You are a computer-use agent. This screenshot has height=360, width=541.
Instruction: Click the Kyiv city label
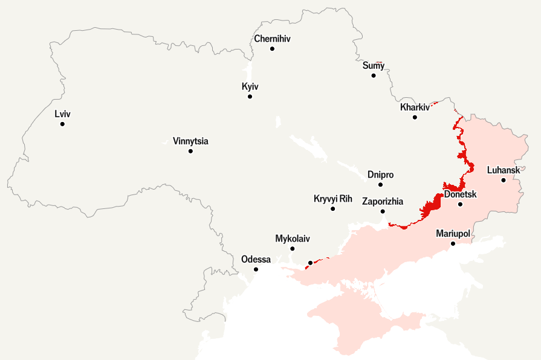250,87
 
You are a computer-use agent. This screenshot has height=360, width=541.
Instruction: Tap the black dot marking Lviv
62,124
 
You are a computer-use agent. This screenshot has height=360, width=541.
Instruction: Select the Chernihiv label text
272,39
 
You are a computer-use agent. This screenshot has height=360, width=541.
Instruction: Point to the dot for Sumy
374,76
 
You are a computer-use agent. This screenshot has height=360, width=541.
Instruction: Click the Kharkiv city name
415,108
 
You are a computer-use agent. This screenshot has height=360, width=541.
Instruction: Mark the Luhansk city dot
503,180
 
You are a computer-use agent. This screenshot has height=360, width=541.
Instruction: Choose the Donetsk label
461,194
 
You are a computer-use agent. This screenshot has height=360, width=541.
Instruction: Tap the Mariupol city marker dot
453,243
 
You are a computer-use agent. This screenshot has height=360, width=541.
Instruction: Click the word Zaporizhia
382,202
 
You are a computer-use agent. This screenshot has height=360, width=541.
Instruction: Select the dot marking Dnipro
380,185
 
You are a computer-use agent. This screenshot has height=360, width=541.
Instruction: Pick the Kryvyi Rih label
332,199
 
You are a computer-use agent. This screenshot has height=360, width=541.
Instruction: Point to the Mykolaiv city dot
293,248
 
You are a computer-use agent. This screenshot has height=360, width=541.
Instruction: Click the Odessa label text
256,259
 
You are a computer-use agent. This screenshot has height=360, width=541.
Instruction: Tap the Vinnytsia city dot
190,151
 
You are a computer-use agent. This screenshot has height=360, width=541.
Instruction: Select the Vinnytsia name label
190,141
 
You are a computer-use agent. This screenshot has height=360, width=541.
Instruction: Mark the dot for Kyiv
250,97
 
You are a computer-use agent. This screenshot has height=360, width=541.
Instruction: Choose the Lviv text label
62,114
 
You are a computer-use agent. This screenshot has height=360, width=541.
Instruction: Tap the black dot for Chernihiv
272,48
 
